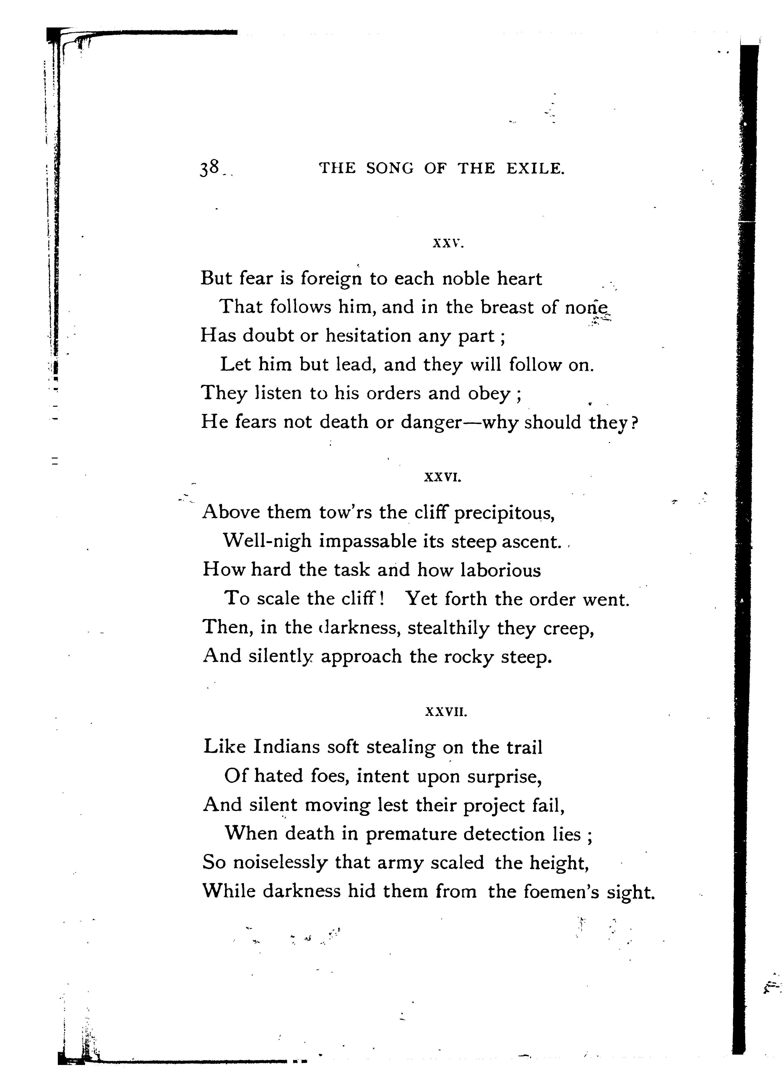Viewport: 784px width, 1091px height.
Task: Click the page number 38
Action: tap(210, 168)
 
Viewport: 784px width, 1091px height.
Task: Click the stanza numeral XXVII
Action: tap(446, 712)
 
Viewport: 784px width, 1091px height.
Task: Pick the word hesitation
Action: tap(368, 336)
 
